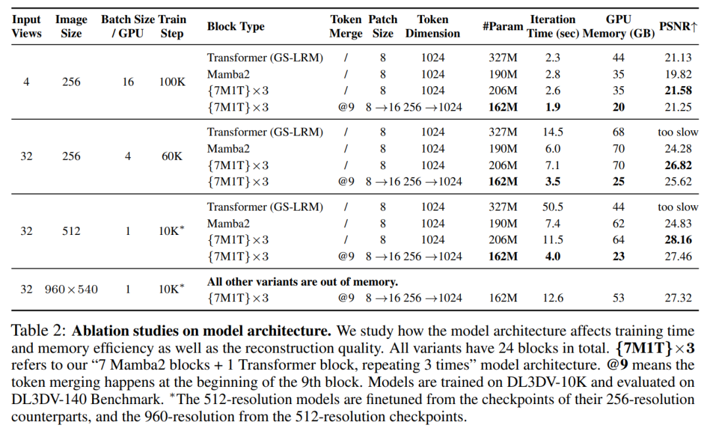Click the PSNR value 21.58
pyautogui.click(x=678, y=91)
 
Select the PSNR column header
pyautogui.click(x=678, y=26)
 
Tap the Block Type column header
pyautogui.click(x=235, y=26)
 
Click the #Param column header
pyautogui.click(x=503, y=26)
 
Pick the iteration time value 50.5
pyautogui.click(x=552, y=207)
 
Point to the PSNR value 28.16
pyautogui.click(x=678, y=240)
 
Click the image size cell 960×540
pyautogui.click(x=71, y=289)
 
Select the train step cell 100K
pyautogui.click(x=172, y=82)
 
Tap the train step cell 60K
pyautogui.click(x=172, y=157)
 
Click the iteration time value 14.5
pyautogui.click(x=552, y=132)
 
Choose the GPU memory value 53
pyautogui.click(x=618, y=298)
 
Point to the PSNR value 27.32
pyautogui.click(x=678, y=298)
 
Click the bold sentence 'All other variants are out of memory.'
pyautogui.click(x=302, y=282)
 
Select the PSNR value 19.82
pyautogui.click(x=678, y=74)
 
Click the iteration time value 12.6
pyautogui.click(x=552, y=298)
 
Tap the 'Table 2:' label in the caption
pyautogui.click(x=39, y=331)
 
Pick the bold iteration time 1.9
pyautogui.click(x=552, y=107)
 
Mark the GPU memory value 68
pyautogui.click(x=618, y=132)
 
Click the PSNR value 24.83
pyautogui.click(x=678, y=224)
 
